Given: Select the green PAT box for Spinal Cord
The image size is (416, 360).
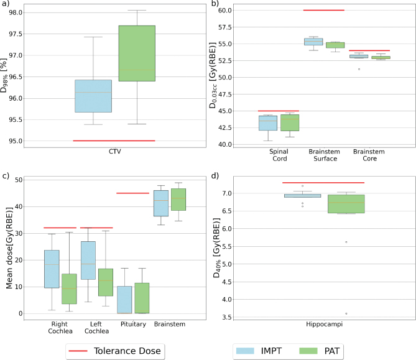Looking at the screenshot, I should click(x=290, y=122).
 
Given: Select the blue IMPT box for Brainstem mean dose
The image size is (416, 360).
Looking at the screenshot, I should click(x=160, y=203).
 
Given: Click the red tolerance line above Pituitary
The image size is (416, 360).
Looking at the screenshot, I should click(x=132, y=193).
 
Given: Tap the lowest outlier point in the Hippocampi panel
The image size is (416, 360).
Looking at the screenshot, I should click(x=346, y=313).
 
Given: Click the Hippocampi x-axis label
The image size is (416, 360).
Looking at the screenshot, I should click(x=323, y=326).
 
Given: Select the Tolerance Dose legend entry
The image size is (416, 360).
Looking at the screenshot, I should click(x=116, y=350).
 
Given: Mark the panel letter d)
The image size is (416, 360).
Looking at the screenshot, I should click(x=216, y=176).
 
